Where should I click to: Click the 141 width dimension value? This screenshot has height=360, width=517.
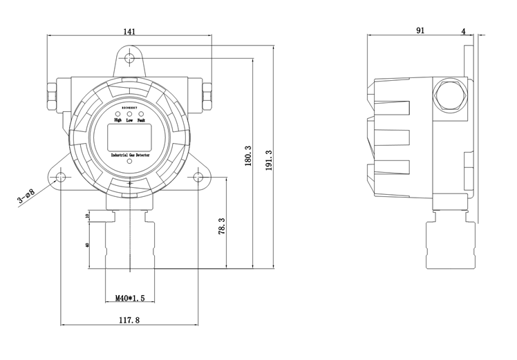(x=129, y=31)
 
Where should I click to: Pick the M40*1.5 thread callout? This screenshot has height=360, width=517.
(x=129, y=299)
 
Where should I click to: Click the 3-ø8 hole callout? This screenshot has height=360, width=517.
(x=26, y=199)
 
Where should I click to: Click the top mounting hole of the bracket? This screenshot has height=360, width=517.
(x=129, y=60)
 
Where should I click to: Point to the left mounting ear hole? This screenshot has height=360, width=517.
(x=61, y=178)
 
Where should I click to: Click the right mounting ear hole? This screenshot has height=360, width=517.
(x=198, y=178)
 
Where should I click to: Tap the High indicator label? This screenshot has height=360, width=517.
(x=117, y=121)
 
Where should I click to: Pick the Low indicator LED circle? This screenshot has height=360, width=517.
(x=129, y=113)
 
